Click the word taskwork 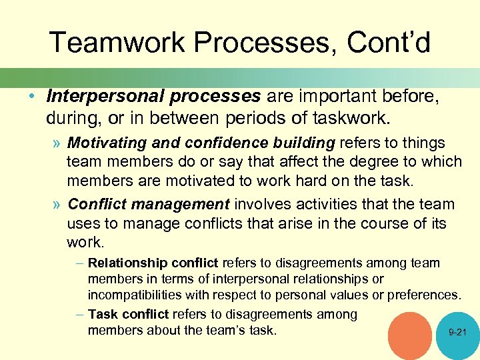(347, 119)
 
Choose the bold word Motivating (106, 143)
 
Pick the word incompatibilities (145, 294)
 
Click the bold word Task (102, 314)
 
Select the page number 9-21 (457, 331)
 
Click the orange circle (409, 336)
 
